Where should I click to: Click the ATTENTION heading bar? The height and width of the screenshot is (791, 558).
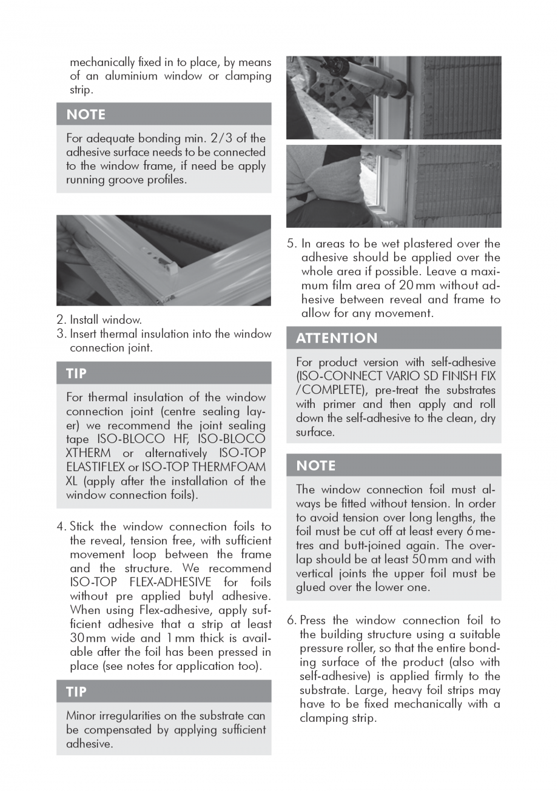(337, 338)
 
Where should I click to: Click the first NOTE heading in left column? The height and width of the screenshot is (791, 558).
(86, 115)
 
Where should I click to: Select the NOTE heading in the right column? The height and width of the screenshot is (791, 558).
(315, 466)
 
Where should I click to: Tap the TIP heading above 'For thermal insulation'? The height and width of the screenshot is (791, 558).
(76, 373)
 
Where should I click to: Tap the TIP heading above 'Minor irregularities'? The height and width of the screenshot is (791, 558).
(76, 692)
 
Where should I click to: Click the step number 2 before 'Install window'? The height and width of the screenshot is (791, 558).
(61, 319)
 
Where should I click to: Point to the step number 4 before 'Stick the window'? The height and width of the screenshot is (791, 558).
(61, 526)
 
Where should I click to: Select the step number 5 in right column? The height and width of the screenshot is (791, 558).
(291, 244)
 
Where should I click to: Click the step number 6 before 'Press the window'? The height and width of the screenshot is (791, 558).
(291, 620)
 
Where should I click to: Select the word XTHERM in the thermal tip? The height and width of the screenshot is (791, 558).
(88, 453)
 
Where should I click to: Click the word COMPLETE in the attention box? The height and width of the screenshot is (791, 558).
(328, 390)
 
